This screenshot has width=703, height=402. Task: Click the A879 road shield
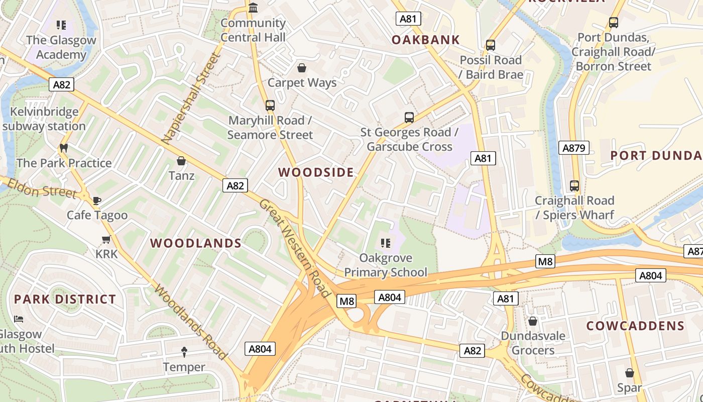point(574,148)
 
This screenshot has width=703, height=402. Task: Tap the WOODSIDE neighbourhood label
point(316,172)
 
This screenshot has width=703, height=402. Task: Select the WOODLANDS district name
point(196,243)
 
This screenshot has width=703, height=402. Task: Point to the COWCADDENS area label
point(635,326)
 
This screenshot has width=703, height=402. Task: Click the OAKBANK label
point(426,40)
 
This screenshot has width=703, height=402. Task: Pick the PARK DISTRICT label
point(65,299)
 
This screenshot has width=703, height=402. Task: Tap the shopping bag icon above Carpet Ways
point(302,67)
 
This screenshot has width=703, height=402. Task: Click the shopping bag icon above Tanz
point(181,161)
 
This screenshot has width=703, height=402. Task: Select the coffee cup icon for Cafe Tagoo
point(97,200)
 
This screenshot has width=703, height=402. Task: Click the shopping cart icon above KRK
point(106,239)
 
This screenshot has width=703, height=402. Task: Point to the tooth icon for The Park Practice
point(63,148)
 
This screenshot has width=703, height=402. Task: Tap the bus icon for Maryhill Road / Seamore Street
point(270,106)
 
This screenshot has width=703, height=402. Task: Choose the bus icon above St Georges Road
point(409,118)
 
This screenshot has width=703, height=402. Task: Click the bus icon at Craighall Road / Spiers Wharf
point(574,186)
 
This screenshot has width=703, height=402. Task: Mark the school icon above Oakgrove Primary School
point(386,243)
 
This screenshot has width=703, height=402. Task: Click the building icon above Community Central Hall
point(253,8)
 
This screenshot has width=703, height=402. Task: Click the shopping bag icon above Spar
point(630,373)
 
